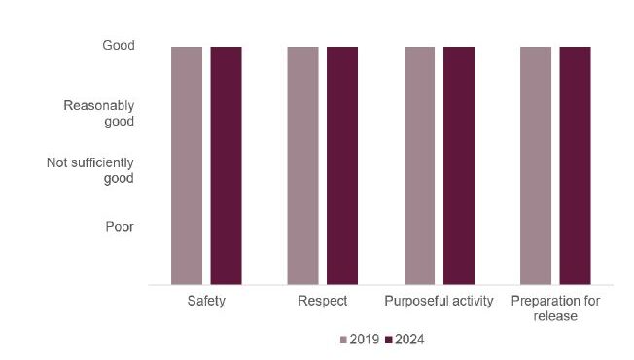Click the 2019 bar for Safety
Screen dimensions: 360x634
point(187,165)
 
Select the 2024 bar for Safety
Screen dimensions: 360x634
point(226,165)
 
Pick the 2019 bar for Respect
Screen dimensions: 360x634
point(302,165)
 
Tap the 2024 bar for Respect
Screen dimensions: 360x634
point(342,165)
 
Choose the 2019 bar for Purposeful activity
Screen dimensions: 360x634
point(419,165)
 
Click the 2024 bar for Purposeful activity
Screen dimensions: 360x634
point(459,165)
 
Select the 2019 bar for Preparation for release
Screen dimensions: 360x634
point(536,165)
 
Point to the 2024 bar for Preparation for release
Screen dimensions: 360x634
point(575,165)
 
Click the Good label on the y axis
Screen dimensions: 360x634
point(119,45)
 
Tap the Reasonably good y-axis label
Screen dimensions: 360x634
point(98,113)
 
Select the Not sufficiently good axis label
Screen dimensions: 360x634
point(90,170)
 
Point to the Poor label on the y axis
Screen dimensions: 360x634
point(120,227)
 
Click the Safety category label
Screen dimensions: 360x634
point(206,301)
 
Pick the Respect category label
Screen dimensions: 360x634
point(323,301)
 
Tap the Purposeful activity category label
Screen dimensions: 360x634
point(439,301)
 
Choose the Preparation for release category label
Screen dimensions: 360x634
point(555,307)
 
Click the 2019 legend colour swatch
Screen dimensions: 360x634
point(342,341)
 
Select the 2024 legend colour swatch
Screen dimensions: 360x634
point(389,341)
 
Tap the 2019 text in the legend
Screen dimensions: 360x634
point(363,341)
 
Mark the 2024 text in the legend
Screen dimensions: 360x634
point(409,341)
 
